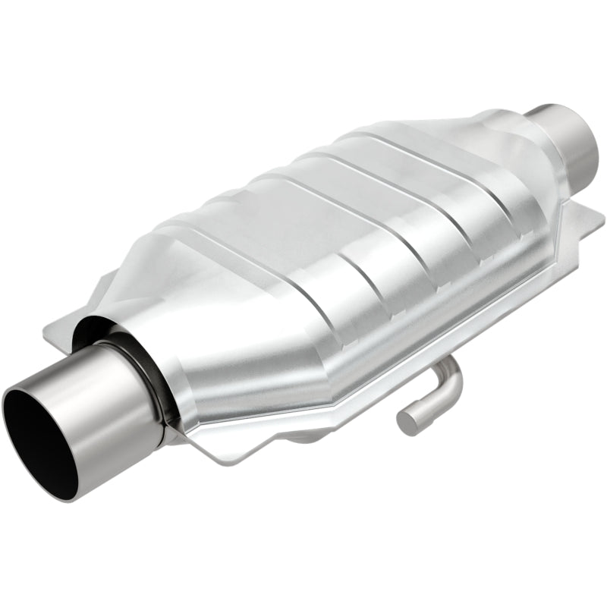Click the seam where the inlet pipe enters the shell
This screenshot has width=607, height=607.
(x=163, y=395)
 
